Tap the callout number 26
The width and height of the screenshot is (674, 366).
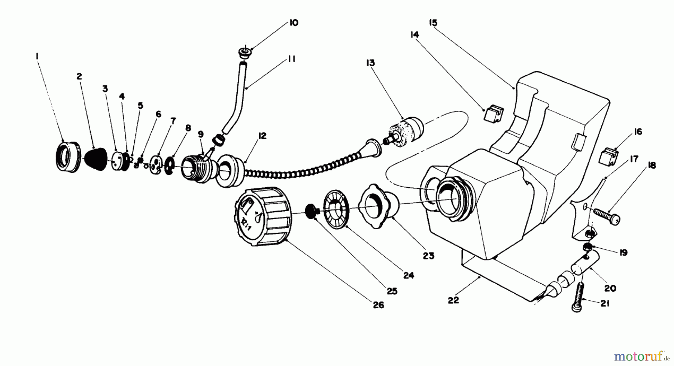(x=379, y=305)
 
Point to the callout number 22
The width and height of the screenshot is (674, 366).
(x=453, y=300)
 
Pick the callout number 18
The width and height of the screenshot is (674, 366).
(x=652, y=165)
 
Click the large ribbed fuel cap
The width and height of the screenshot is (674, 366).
(x=262, y=217)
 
